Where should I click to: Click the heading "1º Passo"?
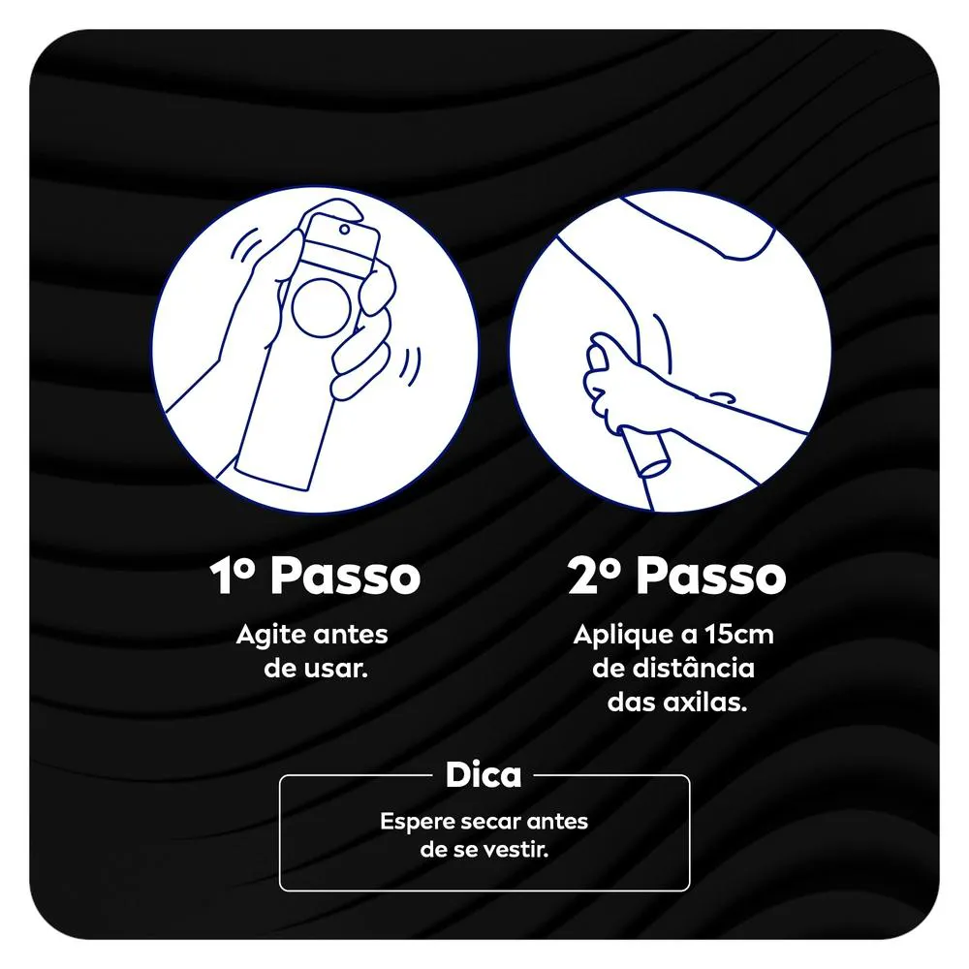315,576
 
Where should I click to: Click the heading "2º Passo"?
676,576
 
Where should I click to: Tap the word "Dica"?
484,774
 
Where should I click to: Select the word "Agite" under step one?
271,636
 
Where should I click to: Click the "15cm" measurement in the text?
739,635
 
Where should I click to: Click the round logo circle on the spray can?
322,308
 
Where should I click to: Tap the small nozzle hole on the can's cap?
345,230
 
